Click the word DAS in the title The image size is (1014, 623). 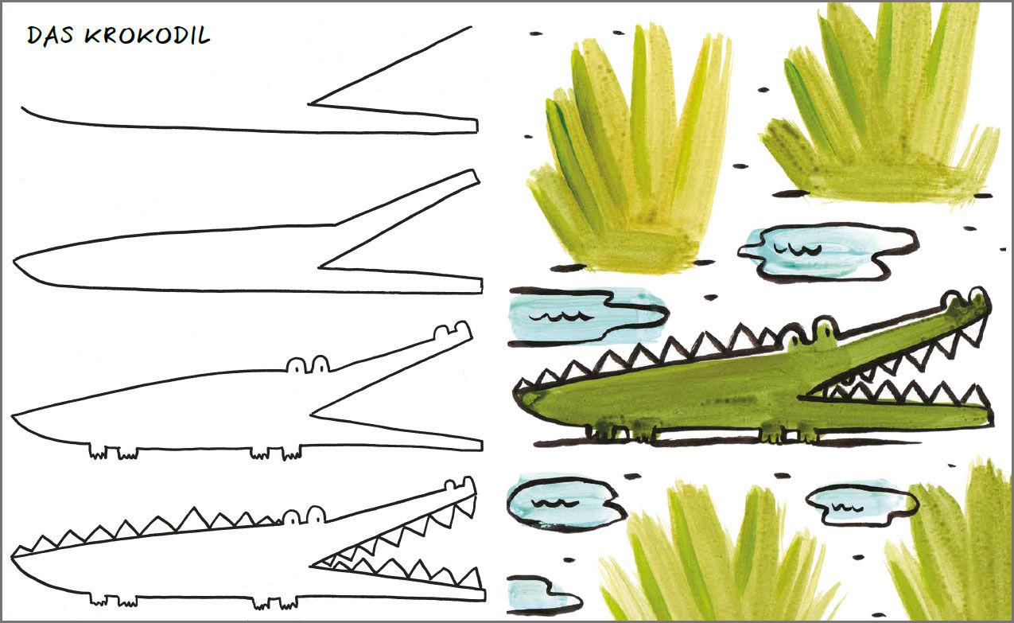(50, 36)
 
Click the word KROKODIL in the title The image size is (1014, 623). (148, 36)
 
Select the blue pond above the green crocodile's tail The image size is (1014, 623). (586, 316)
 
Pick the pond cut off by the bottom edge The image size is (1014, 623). (542, 595)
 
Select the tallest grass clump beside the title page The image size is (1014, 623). (629, 150)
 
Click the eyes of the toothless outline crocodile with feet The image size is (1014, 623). (309, 364)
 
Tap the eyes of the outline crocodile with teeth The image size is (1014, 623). (304, 516)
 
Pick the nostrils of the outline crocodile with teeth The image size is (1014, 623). (459, 484)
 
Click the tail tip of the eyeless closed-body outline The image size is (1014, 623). (14, 261)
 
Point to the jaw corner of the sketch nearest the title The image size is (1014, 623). (309, 104)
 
